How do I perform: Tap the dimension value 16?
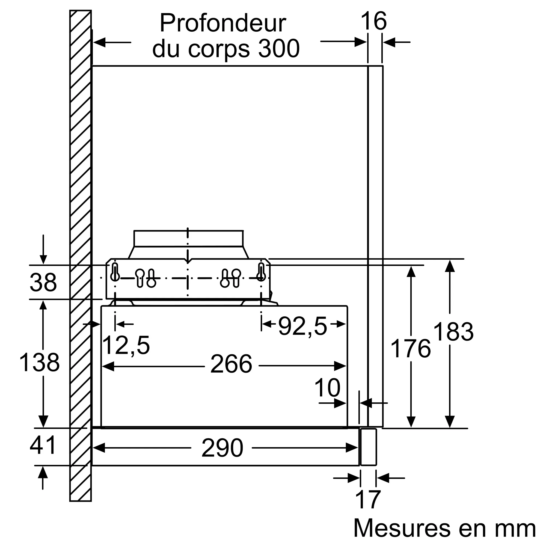coord(374,21)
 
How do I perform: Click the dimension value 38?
coord(43,282)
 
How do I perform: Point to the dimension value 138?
coord(40,362)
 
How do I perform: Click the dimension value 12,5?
coord(126,346)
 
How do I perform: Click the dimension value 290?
coord(222,448)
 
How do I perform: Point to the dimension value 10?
coord(327,388)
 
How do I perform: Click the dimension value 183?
coord(453,332)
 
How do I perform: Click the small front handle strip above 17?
coord(368,447)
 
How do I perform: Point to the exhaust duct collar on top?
coord(188,239)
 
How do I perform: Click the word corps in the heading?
coord(219,49)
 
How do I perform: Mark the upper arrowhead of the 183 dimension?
coord(450,266)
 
